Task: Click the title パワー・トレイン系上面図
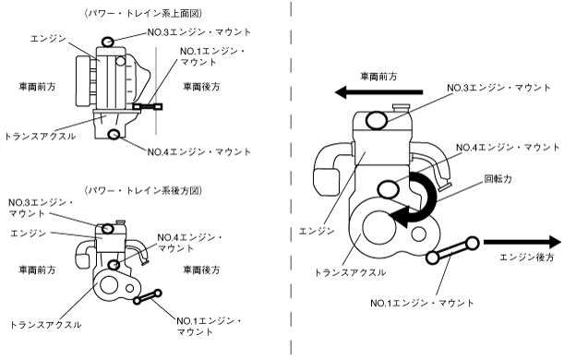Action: point(143,14)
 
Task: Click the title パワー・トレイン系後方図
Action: point(143,190)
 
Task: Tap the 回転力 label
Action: point(498,179)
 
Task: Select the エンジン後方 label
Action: point(526,258)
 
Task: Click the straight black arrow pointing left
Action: point(378,92)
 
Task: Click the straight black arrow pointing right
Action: point(522,242)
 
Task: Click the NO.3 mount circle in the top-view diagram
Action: point(108,42)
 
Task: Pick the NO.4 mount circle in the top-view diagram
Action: point(114,134)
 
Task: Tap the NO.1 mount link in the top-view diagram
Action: point(148,106)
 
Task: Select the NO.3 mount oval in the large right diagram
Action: point(377,121)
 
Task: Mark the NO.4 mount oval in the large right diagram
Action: point(388,189)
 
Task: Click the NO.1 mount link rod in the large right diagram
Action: point(452,250)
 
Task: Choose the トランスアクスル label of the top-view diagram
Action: point(40,137)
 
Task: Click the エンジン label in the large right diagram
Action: point(317,231)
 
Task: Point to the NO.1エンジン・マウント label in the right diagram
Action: point(422,303)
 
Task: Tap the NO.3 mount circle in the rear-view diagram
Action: point(108,228)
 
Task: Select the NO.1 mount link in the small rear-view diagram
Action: point(147,297)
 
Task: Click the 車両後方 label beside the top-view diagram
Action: point(201,87)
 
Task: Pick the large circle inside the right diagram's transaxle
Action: point(379,227)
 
